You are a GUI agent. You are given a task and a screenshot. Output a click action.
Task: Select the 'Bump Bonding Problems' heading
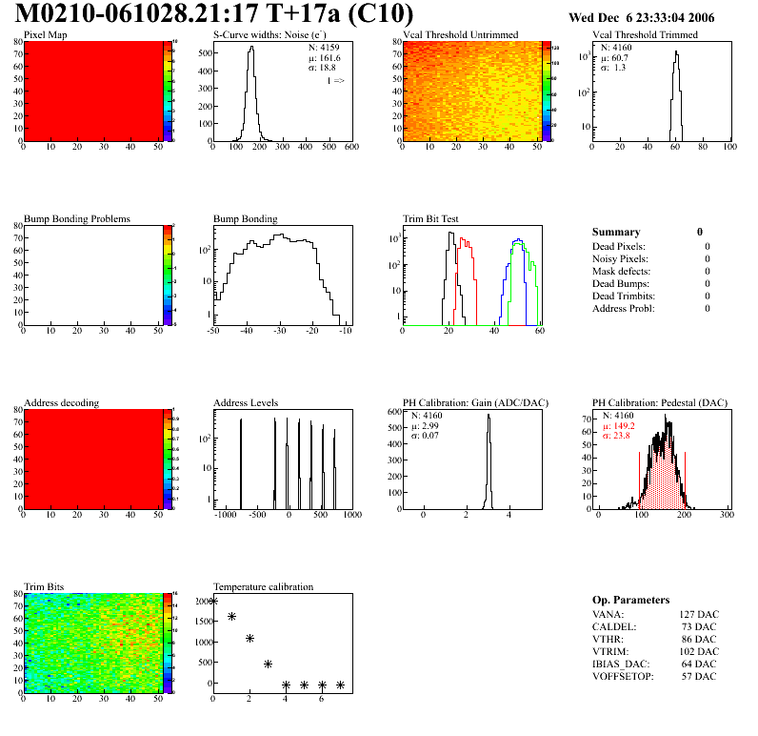coord(76,218)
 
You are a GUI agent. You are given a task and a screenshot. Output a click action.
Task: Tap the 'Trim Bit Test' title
coord(430,218)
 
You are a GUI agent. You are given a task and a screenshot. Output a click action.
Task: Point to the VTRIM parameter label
coord(609,651)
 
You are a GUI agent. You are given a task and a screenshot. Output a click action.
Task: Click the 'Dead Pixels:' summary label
coord(621,246)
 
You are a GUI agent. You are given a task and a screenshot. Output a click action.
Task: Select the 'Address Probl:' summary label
coord(623,308)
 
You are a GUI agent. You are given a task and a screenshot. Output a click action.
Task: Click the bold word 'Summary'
coord(616,232)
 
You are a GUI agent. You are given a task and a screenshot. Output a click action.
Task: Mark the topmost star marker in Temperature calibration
coord(213,601)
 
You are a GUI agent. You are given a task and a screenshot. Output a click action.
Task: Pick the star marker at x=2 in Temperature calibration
coord(249,638)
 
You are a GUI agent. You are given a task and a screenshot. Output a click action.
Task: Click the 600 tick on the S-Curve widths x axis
coord(350,147)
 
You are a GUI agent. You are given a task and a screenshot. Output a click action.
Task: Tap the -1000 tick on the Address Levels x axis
coord(225,515)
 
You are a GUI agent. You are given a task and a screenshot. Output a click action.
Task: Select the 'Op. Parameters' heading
coord(630,600)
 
